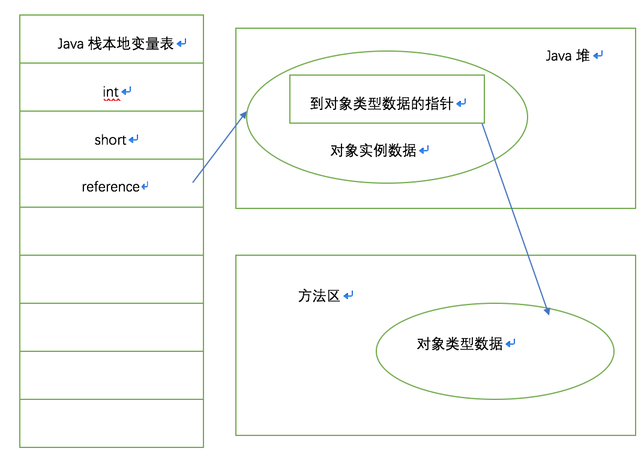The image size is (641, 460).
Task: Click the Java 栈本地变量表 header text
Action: coord(116,44)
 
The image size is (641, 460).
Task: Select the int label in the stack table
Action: coord(110,92)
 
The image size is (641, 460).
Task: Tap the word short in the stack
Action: coord(110,140)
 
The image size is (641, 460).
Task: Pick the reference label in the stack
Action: coord(110,187)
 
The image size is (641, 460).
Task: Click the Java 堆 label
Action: coord(567,56)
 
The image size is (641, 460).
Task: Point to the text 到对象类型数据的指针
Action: coord(382,104)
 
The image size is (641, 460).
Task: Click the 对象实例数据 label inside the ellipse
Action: coord(373,151)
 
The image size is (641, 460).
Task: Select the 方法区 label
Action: coord(319,295)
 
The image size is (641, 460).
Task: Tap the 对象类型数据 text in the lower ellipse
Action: coord(459,344)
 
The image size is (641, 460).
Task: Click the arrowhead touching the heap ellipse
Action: coord(243,115)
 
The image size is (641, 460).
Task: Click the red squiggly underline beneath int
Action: coord(112,100)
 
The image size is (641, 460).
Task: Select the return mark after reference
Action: coord(145,187)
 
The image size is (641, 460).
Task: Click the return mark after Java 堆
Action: coord(598,55)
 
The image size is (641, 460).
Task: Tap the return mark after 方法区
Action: coord(348,295)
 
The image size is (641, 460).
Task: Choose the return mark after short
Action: coord(133,139)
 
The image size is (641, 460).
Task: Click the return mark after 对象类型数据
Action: coord(510,343)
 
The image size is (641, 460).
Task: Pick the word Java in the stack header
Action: coord(70,44)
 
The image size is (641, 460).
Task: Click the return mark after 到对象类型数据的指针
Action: coord(461,103)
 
